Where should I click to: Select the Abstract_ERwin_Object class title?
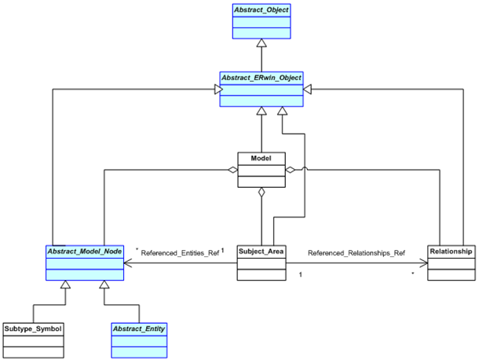pos(260,77)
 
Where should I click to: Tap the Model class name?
pos(261,158)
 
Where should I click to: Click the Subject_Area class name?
pos(261,252)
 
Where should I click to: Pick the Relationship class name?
pos(452,252)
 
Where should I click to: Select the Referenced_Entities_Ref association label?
pos(180,254)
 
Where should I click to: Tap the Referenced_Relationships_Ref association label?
pos(356,254)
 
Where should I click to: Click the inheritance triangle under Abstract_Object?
pos(261,44)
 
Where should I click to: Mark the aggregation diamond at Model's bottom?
pos(261,190)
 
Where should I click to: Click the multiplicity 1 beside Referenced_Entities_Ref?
pos(223,251)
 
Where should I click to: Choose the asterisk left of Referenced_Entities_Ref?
pos(137,251)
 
